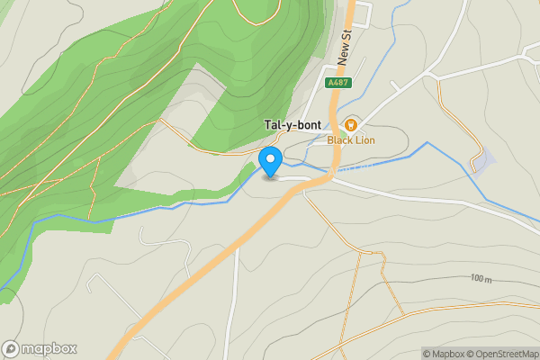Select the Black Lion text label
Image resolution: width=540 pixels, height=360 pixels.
click(x=350, y=139)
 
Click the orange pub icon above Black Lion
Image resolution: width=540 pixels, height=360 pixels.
click(x=349, y=125)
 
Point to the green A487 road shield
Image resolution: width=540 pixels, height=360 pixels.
click(x=337, y=83)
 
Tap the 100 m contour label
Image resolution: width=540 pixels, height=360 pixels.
click(x=482, y=279)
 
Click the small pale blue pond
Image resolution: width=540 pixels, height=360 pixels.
click(x=484, y=162)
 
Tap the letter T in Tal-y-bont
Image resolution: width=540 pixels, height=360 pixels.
click(x=267, y=125)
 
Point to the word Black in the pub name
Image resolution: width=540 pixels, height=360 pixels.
click(x=339, y=139)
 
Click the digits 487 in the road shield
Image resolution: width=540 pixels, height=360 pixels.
click(x=340, y=83)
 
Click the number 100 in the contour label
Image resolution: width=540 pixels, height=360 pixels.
click(x=477, y=279)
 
